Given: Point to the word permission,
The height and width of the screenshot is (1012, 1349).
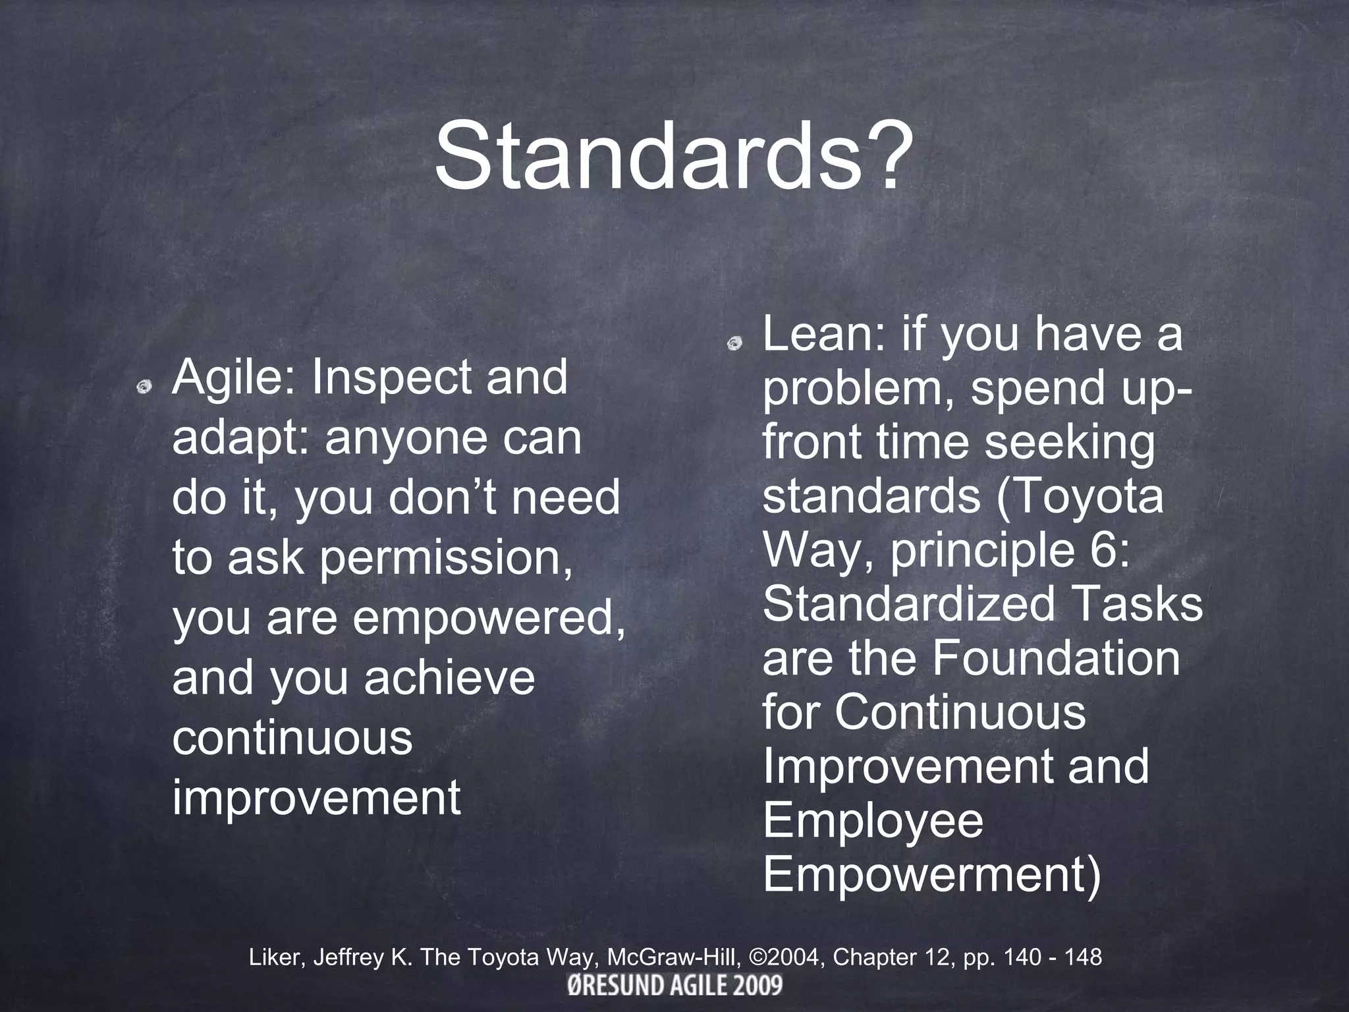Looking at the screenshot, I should (447, 558).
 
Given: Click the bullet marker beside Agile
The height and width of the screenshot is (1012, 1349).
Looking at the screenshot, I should (144, 387).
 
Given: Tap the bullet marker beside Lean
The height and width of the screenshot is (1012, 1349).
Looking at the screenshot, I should (734, 343).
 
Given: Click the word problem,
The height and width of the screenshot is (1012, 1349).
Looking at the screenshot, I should (859, 389).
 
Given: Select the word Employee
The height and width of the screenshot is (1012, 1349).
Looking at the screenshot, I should (873, 822).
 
